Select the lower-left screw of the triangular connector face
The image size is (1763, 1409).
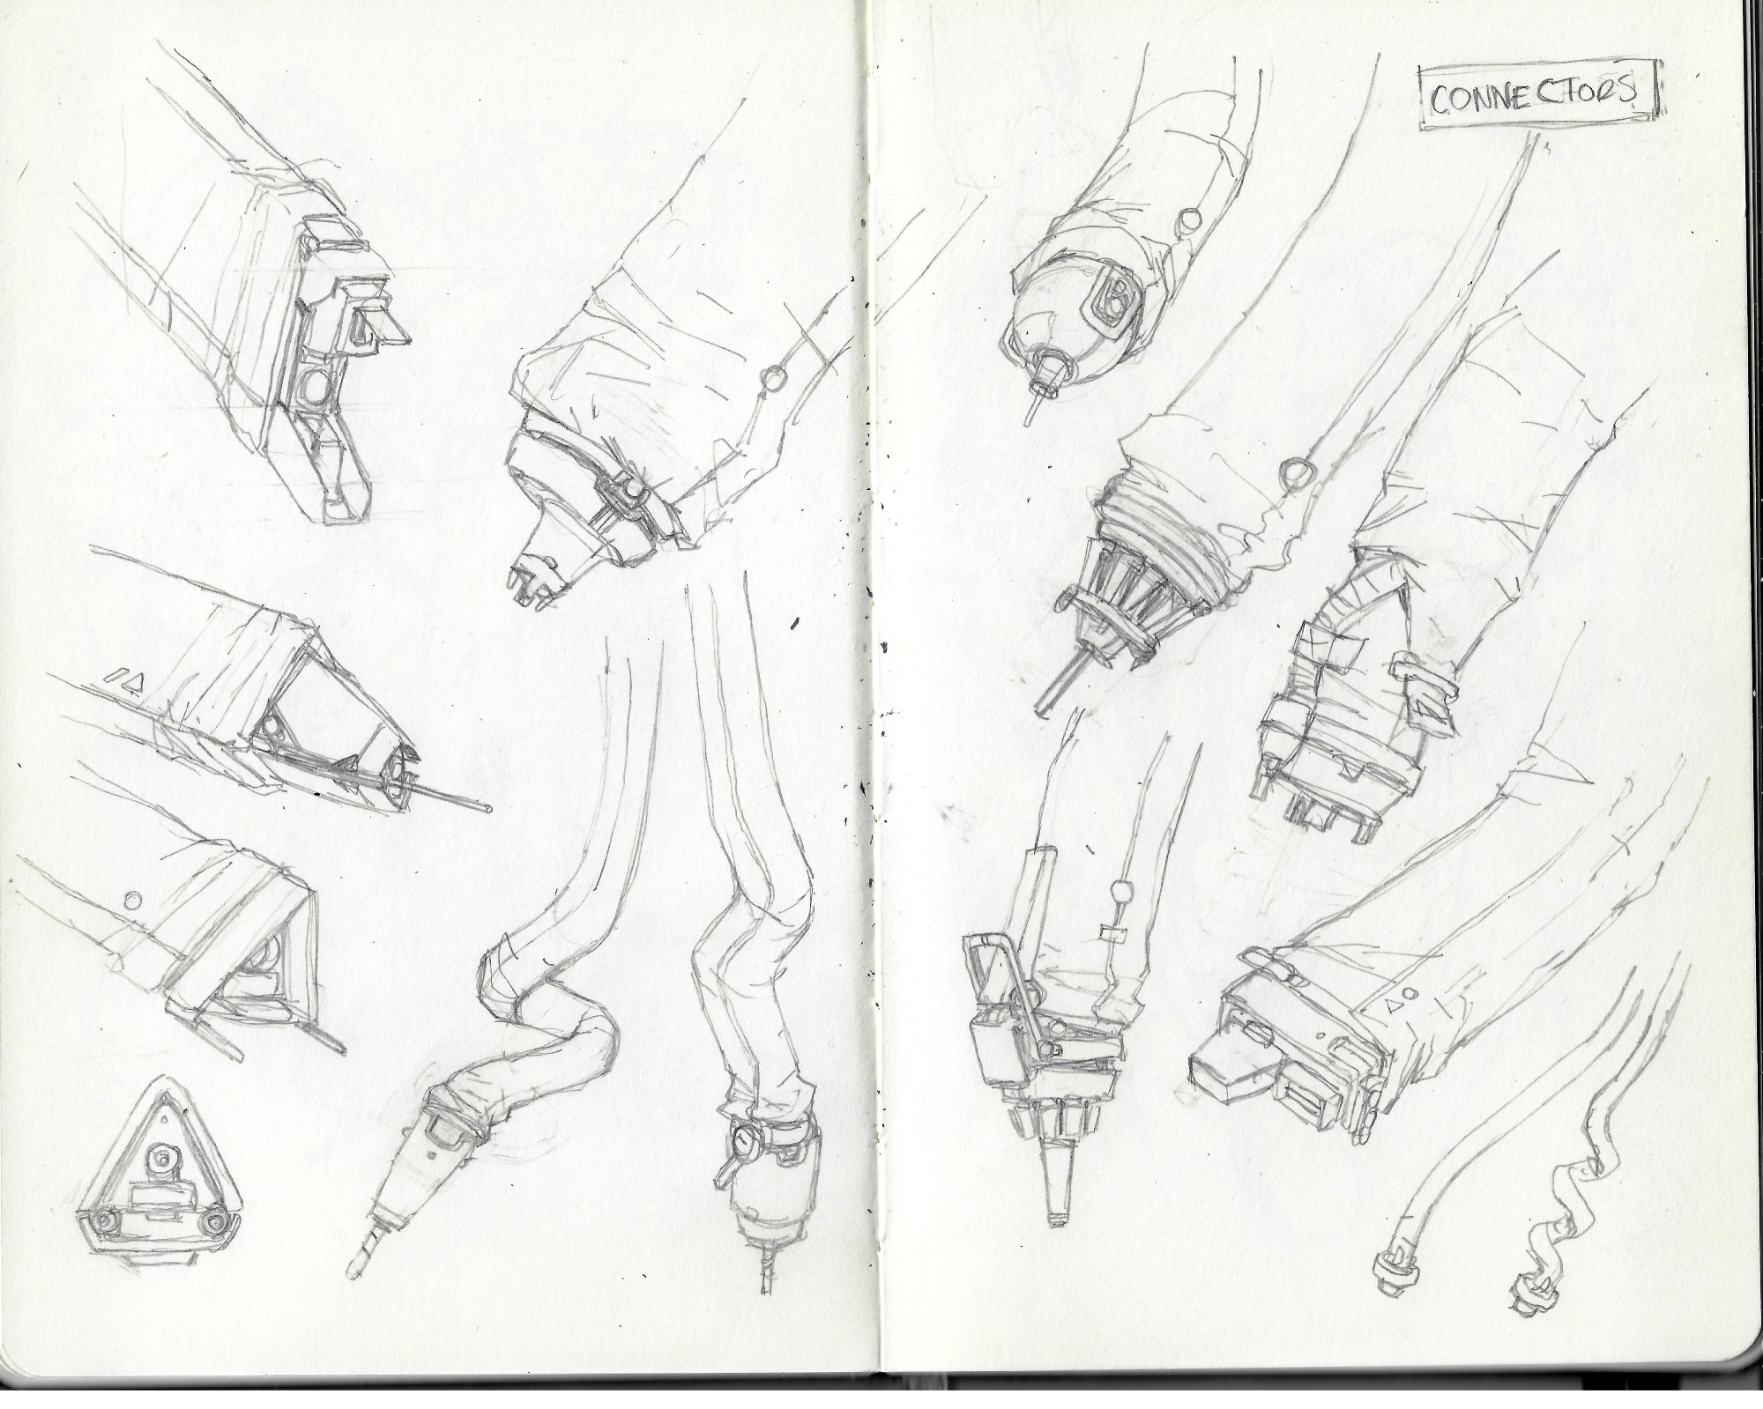107,1223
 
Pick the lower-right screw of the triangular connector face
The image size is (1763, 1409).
217,1223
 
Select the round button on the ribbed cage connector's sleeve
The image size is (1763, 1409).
1294,473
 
